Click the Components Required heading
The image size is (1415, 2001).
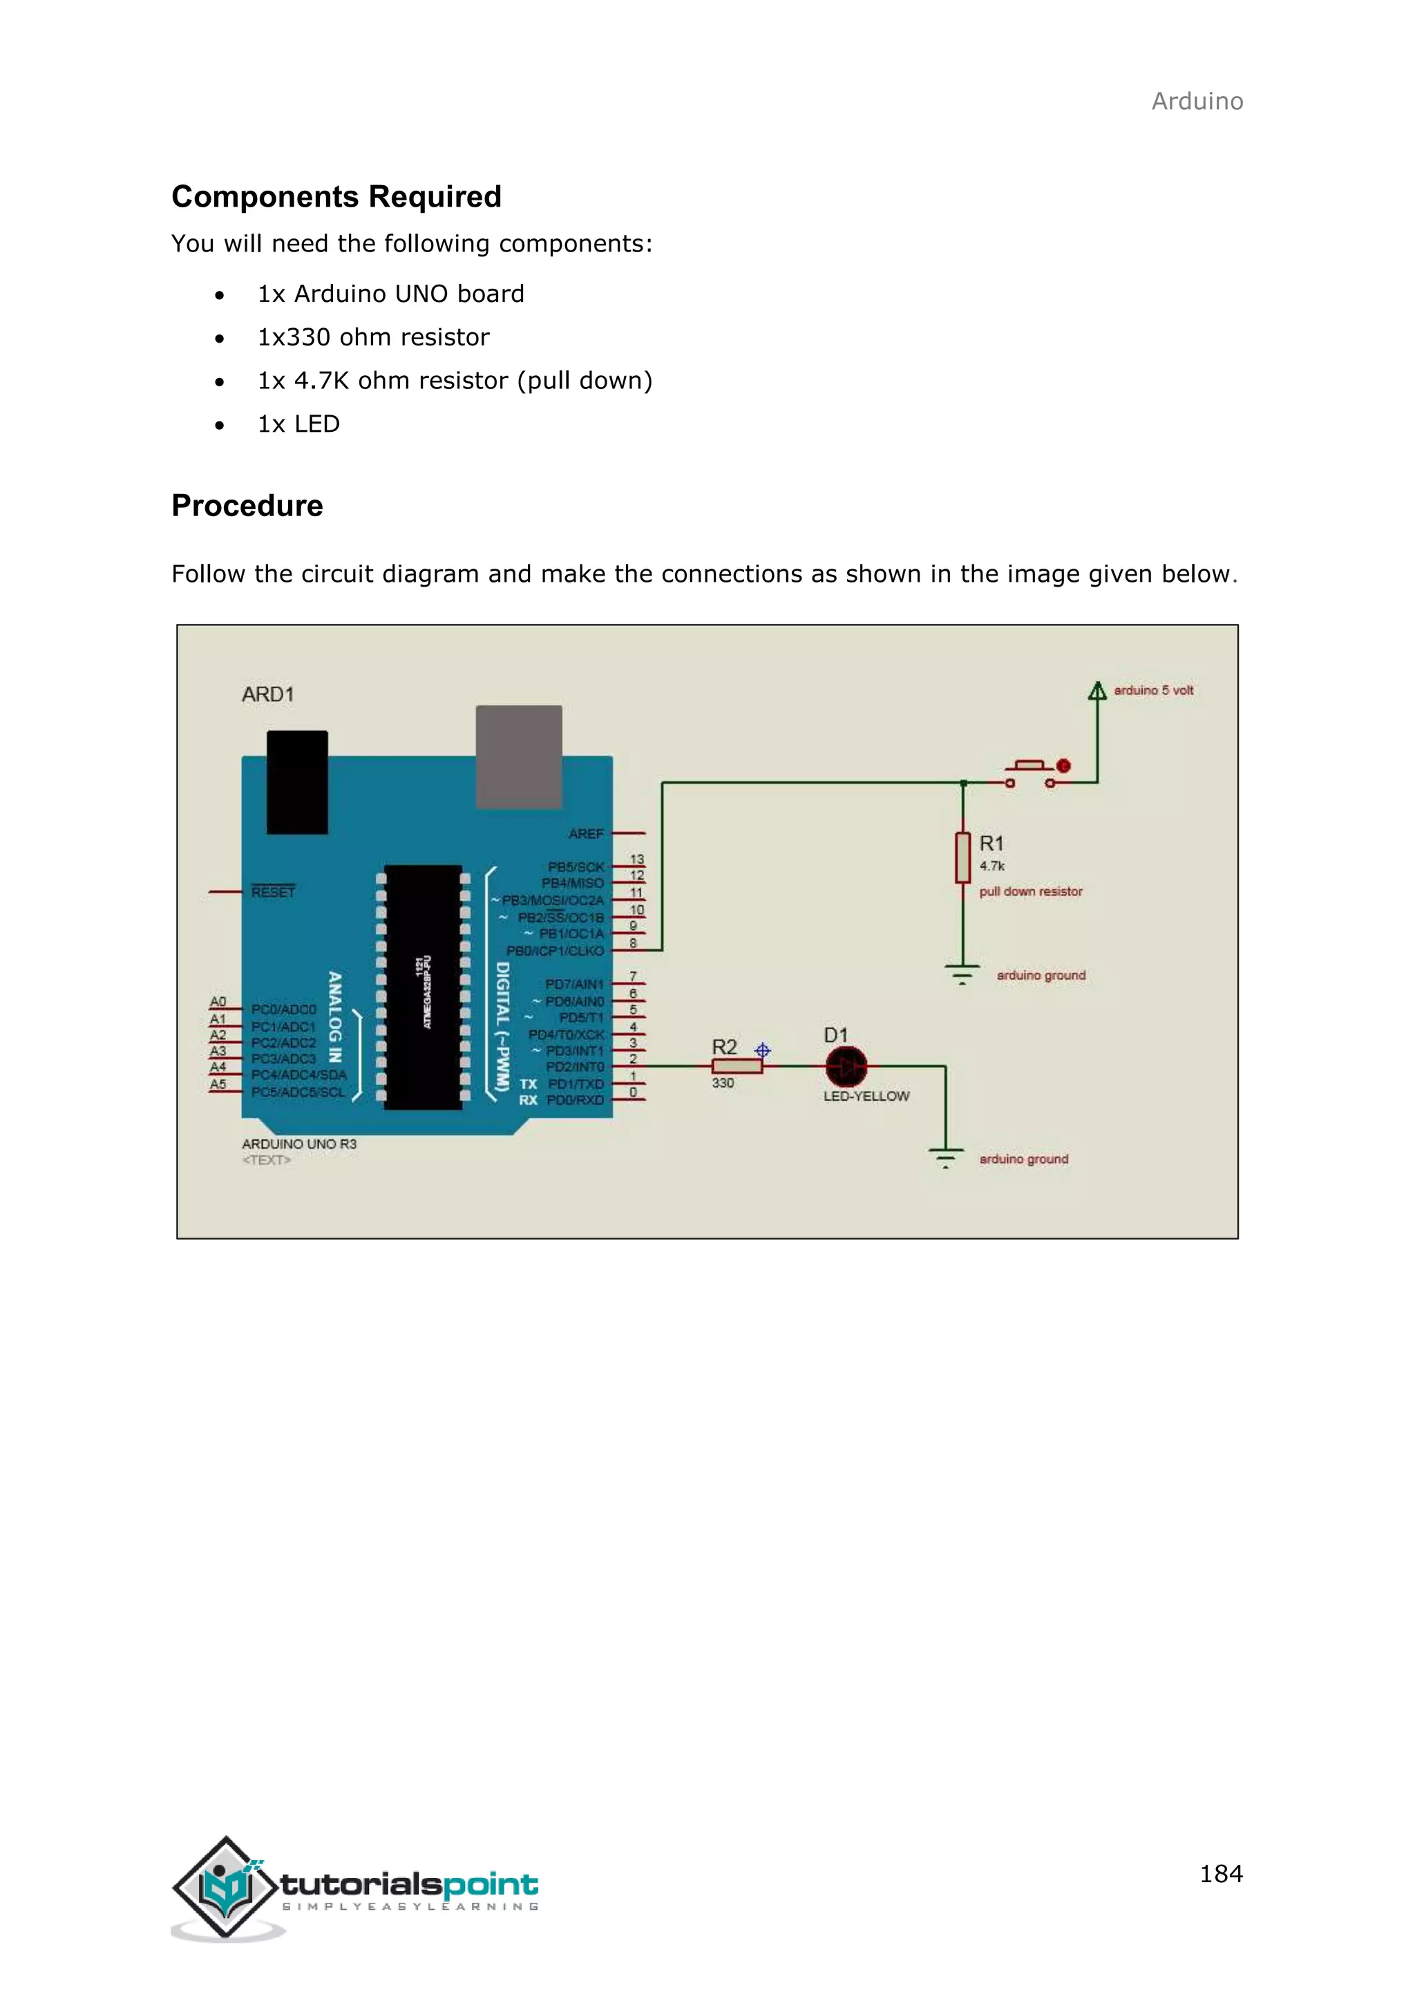click(336, 197)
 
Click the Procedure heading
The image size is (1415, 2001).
click(247, 506)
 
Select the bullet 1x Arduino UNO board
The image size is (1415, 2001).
click(390, 294)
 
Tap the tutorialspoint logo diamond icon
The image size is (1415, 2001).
click(226, 1887)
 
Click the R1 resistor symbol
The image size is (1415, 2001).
click(962, 857)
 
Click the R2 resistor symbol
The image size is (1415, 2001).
click(737, 1067)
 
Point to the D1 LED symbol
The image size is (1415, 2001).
click(846, 1066)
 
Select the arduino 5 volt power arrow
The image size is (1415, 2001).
click(1097, 691)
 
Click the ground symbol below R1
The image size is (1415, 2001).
click(962, 974)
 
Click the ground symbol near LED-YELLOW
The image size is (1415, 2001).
click(945, 1158)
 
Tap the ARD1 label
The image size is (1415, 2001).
click(267, 694)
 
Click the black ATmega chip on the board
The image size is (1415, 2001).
click(423, 987)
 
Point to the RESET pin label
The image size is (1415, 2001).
click(273, 893)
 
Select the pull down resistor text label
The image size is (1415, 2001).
click(1030, 891)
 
